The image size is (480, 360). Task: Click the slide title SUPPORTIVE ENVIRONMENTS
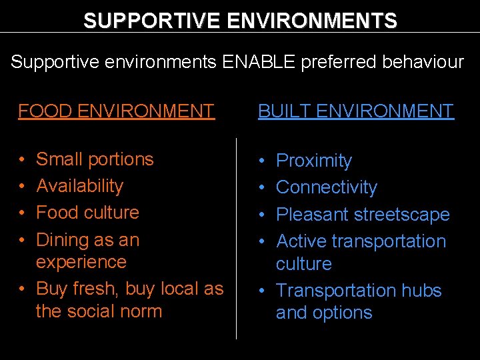(240, 20)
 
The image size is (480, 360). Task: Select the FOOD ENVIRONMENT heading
(116, 111)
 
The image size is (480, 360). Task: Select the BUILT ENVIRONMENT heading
(356, 111)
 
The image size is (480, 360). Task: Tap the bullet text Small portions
(95, 159)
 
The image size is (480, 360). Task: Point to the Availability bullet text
(79, 186)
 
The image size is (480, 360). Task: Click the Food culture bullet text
(87, 213)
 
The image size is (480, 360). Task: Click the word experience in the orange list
(81, 262)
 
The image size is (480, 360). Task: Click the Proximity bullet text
(313, 161)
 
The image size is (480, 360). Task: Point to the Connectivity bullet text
(326, 187)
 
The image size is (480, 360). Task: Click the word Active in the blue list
(301, 241)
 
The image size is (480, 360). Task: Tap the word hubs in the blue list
(424, 291)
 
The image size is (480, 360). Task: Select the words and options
(324, 313)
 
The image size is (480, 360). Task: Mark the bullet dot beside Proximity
(263, 161)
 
